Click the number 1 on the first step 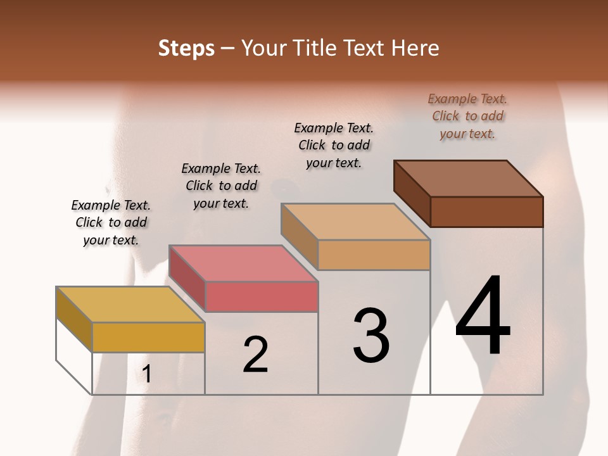146,374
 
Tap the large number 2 255,354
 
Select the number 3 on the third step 370,335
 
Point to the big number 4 483,316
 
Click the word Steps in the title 186,48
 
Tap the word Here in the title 415,48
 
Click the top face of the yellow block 130,304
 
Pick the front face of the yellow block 148,337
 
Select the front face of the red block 261,296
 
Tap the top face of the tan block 355,222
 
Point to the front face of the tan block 374,255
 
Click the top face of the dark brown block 469,178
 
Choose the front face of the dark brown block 486,212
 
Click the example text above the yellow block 111,222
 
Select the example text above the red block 221,186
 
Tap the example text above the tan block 334,145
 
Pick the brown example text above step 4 468,116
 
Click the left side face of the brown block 412,193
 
